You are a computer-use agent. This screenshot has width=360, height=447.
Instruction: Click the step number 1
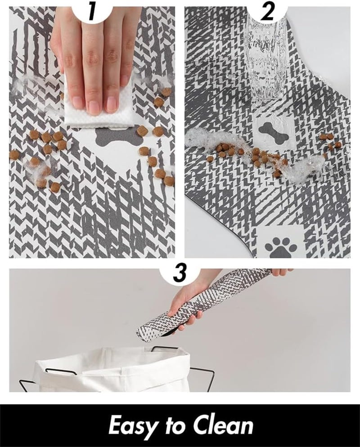[92, 11]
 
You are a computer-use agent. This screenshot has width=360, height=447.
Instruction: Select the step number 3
[180, 274]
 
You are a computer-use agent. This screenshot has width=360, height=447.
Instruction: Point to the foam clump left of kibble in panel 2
[201, 139]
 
